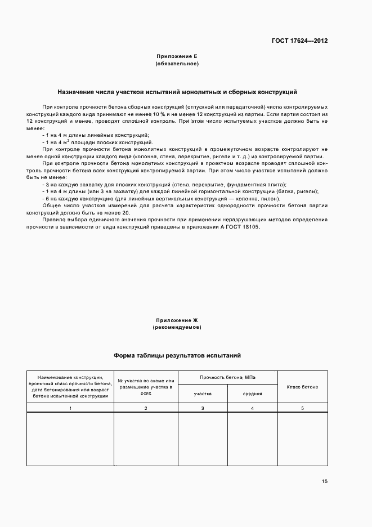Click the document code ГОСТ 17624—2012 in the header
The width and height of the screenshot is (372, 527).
click(299, 41)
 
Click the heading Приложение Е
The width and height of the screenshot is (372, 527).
click(177, 56)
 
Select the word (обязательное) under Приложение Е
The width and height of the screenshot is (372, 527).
click(177, 64)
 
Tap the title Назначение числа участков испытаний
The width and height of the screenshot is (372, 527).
click(177, 91)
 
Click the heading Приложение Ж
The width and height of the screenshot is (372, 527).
click(177, 319)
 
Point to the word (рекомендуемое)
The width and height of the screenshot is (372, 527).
click(177, 327)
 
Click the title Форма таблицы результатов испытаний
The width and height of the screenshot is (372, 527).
click(177, 356)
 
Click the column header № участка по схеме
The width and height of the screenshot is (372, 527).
click(146, 387)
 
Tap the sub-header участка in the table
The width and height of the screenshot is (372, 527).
click(203, 394)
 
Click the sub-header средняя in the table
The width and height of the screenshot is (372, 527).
click(252, 394)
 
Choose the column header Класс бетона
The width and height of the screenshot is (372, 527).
click(302, 387)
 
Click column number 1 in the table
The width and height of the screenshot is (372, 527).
click(70, 407)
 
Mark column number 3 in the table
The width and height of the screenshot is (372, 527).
click(203, 407)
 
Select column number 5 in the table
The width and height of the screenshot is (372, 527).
click(302, 407)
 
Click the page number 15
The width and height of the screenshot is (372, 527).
click(325, 481)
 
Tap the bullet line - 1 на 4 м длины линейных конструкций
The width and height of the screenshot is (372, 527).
click(95, 135)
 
